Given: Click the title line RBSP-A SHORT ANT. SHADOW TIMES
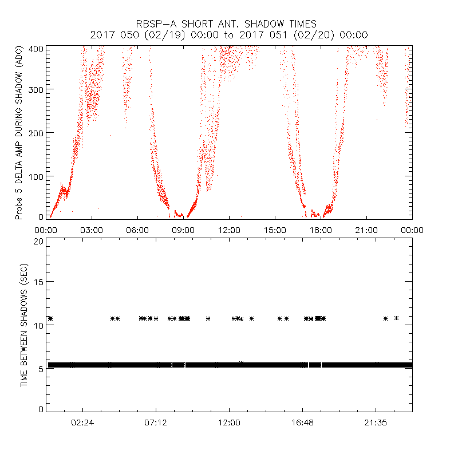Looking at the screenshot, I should click(229, 24).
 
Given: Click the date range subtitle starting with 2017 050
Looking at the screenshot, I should click(229, 35).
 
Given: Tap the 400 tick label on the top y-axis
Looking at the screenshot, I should click(37, 48).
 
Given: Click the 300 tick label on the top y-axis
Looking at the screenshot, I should click(37, 89).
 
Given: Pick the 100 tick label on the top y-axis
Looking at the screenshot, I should click(37, 176).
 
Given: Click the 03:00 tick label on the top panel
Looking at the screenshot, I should click(92, 230).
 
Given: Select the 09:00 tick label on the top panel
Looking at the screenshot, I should click(183, 230).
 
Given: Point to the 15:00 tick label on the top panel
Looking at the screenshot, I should click(275, 230).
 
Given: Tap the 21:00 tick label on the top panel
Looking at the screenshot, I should click(366, 230).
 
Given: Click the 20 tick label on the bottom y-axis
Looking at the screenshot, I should click(39, 240).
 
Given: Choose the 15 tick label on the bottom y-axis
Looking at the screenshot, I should click(39, 282).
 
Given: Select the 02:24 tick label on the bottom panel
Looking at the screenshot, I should click(82, 423).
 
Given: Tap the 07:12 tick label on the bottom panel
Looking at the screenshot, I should click(156, 423).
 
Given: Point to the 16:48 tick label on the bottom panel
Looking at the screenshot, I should click(302, 423).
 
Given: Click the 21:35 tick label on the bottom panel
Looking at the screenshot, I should click(376, 423).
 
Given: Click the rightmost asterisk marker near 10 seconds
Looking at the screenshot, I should click(396, 318).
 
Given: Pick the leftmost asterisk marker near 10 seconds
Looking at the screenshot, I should click(50, 318).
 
